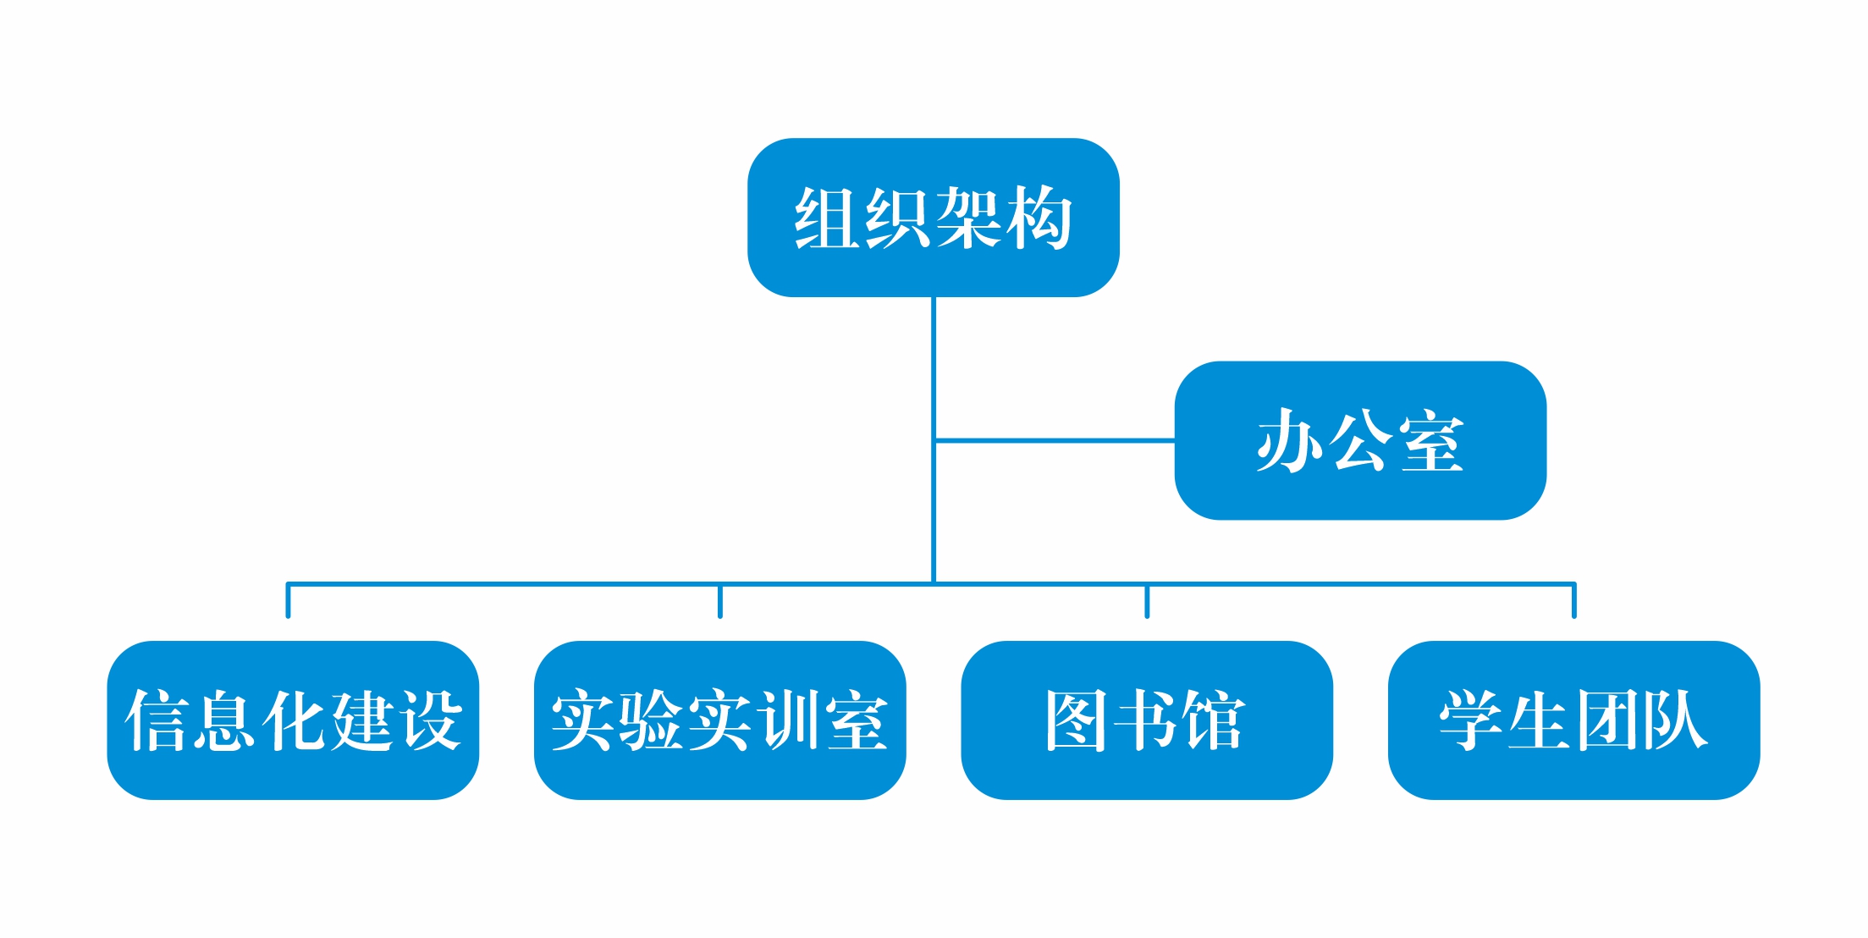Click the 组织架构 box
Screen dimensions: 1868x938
coord(933,218)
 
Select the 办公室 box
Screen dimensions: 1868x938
coord(1360,440)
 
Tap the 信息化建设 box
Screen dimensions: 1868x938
coord(293,720)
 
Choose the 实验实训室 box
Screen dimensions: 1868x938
coord(719,720)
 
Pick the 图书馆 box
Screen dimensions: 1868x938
coord(1147,720)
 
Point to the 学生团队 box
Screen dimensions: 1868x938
coord(1574,720)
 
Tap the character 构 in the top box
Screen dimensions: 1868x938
coord(1039,218)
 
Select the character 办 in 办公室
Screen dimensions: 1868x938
coord(1291,440)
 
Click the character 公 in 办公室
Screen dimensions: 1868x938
coord(1361,440)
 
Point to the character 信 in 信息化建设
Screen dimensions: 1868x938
coord(157,720)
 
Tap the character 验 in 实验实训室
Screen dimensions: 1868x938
coord(651,720)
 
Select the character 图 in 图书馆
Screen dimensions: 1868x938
coord(1077,720)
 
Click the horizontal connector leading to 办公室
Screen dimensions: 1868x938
coord(1055,440)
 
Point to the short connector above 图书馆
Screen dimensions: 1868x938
coord(1147,601)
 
